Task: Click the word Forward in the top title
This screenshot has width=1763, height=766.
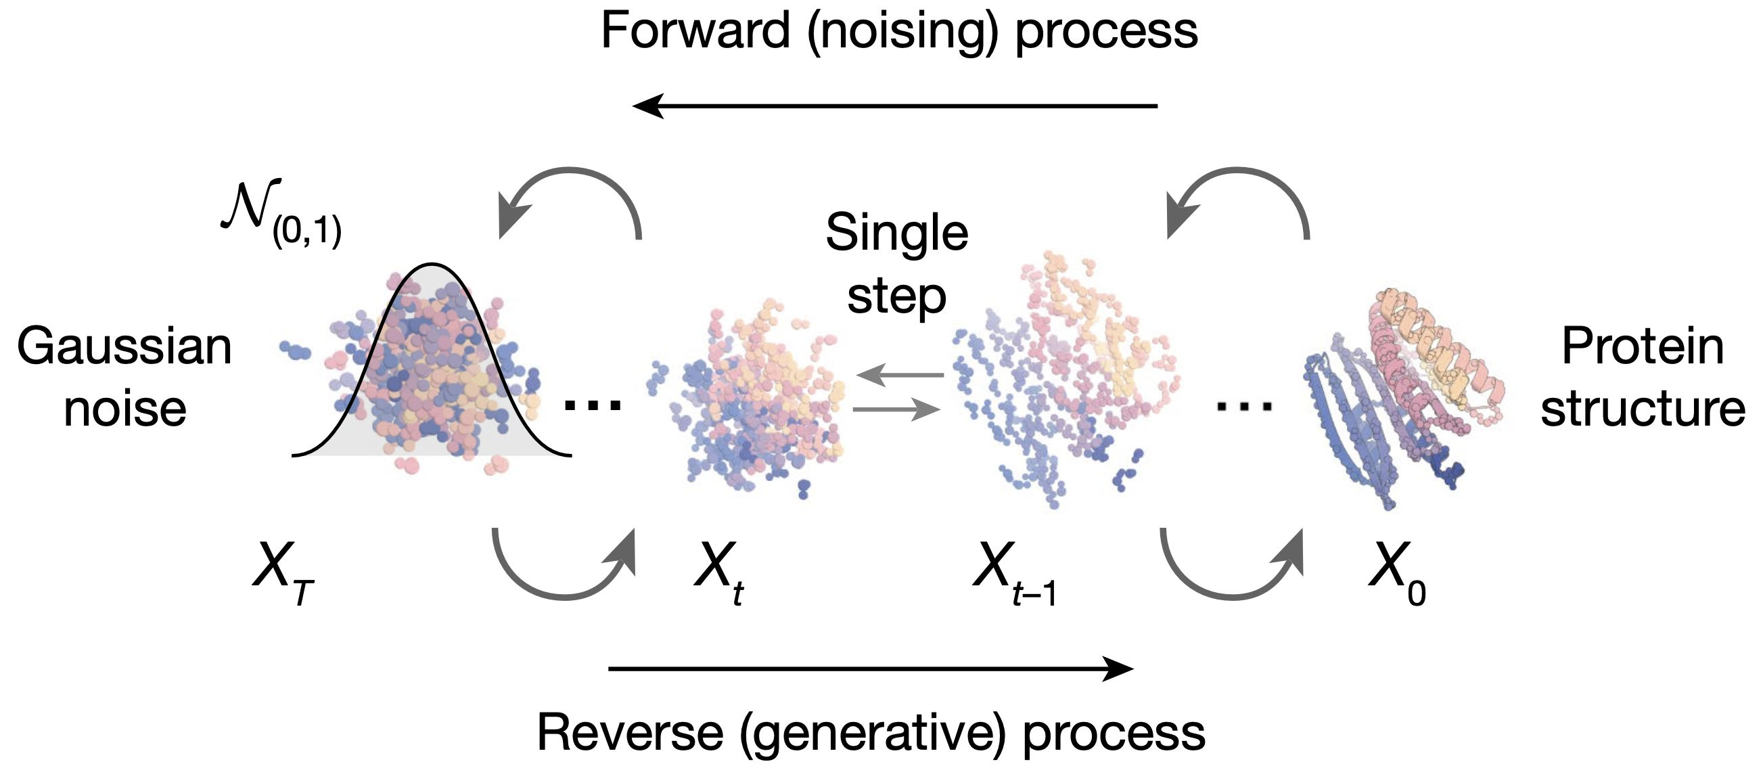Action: pyautogui.click(x=695, y=31)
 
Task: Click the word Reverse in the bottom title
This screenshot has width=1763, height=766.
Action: pyautogui.click(x=630, y=733)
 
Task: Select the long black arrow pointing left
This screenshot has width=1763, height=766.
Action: pyautogui.click(x=894, y=106)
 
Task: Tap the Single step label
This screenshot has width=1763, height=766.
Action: pyautogui.click(x=896, y=264)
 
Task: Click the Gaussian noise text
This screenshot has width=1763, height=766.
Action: pyautogui.click(x=124, y=377)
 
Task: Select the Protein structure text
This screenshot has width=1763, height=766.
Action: pyautogui.click(x=1643, y=377)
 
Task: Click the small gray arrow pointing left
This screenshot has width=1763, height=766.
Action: pyautogui.click(x=899, y=374)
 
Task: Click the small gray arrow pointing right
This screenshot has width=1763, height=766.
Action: pyautogui.click(x=896, y=409)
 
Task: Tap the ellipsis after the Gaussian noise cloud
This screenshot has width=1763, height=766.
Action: pyautogui.click(x=593, y=405)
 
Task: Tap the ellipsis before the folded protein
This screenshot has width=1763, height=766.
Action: pyautogui.click(x=1244, y=407)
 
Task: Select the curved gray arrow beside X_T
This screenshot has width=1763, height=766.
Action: pyautogui.click(x=564, y=566)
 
